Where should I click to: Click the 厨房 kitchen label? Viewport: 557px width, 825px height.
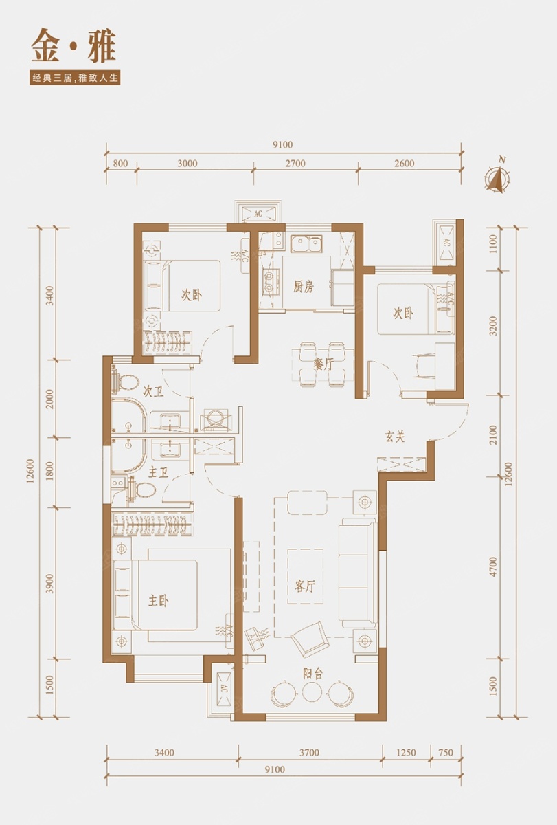point(304,287)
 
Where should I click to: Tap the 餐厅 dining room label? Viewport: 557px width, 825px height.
point(323,364)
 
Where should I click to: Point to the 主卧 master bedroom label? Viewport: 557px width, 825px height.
point(159,601)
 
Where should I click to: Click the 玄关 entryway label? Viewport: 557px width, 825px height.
point(395,437)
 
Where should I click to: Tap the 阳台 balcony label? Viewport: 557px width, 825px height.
point(312,674)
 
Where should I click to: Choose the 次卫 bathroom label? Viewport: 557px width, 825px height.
point(153,393)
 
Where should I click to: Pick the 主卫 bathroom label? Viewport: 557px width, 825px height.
point(158,473)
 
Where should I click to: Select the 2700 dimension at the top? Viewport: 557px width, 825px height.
point(296,163)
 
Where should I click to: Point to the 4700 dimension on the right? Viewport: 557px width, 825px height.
point(493,566)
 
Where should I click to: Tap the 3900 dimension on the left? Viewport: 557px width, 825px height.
point(50,583)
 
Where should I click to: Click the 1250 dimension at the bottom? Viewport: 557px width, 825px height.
point(406,742)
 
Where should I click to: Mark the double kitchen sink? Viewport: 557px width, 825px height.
point(305,244)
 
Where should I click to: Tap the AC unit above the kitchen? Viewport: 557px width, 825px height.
point(259,213)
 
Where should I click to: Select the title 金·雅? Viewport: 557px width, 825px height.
point(73,48)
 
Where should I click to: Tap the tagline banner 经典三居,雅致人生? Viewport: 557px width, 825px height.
point(76,79)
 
